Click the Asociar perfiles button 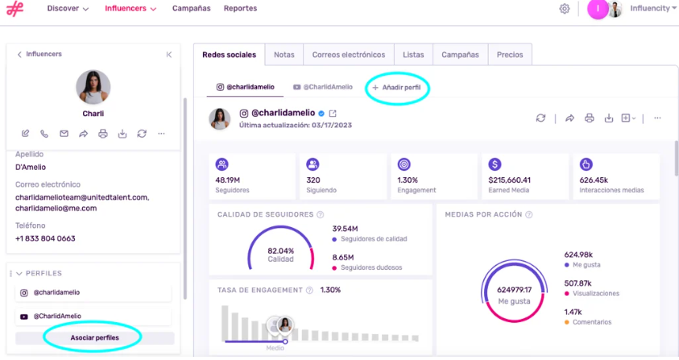(95, 337)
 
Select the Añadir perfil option (397, 87)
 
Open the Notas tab (284, 55)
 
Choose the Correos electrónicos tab (349, 55)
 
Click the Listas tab (413, 55)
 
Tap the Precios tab (510, 55)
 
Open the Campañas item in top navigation (191, 8)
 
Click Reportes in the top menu (240, 8)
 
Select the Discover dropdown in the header (68, 8)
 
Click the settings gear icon (565, 9)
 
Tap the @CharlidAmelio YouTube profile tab (323, 87)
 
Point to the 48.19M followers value (229, 180)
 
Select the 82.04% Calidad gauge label (281, 254)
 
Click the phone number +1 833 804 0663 (45, 238)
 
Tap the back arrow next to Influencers (19, 54)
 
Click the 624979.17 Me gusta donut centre (514, 295)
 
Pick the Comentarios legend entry (590, 322)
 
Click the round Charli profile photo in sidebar (93, 87)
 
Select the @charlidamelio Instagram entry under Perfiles (56, 292)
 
